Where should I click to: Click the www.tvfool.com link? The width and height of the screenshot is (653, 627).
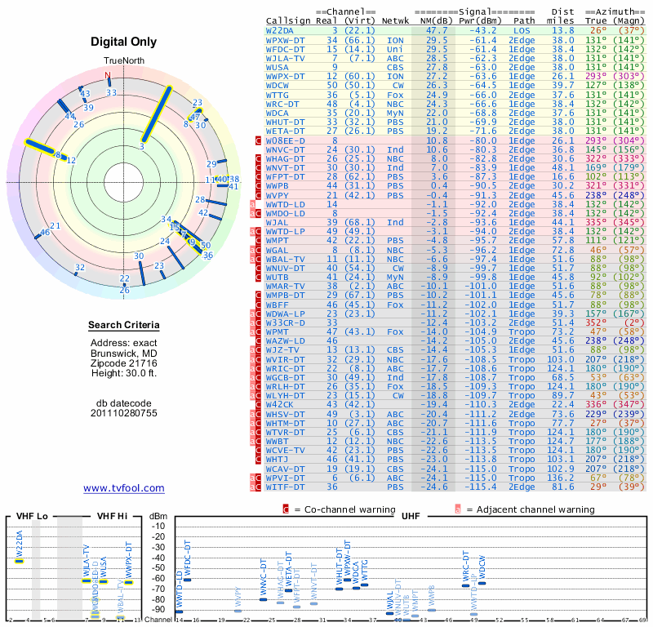click(124, 488)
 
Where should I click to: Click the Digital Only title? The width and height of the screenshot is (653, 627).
click(124, 42)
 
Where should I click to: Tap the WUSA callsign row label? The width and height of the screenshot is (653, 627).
click(280, 67)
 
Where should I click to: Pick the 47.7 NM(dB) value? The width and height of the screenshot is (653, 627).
click(437, 29)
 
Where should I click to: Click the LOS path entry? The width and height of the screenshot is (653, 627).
click(522, 29)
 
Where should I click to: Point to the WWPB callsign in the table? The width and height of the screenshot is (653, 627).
click(280, 186)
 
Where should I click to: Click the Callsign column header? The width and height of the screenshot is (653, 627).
click(289, 20)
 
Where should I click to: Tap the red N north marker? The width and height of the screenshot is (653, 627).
click(107, 76)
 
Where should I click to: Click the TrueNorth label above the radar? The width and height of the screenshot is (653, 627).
click(124, 61)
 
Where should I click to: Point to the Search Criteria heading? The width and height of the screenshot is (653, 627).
click(124, 327)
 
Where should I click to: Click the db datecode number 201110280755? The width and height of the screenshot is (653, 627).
click(124, 413)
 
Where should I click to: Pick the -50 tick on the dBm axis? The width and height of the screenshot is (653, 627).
click(158, 567)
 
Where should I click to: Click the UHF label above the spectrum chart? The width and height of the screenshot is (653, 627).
click(411, 517)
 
